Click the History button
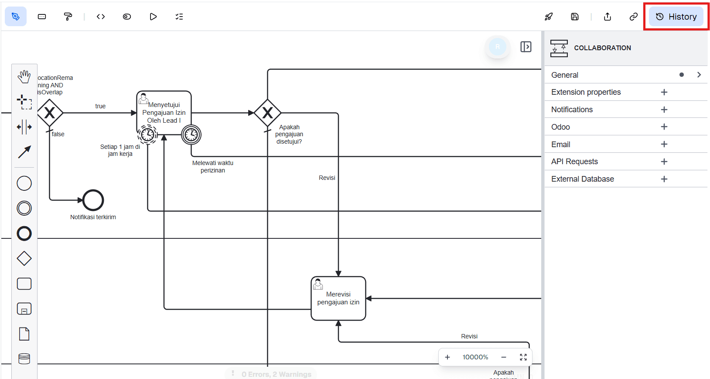(676, 17)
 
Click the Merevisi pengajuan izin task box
(338, 299)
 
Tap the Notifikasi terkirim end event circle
(93, 200)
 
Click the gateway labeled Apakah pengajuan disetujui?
(267, 113)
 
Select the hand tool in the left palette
(24, 77)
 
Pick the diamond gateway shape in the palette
(24, 258)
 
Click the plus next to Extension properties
(664, 92)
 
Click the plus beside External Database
(664, 179)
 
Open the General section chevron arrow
(699, 75)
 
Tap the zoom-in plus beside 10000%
(447, 357)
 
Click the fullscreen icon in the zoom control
(523, 357)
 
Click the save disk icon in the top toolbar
(575, 17)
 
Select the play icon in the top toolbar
(153, 17)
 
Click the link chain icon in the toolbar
(633, 17)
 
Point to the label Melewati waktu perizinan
(213, 166)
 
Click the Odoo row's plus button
(664, 127)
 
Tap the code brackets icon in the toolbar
(101, 17)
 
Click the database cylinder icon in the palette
(24, 359)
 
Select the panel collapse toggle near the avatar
(526, 47)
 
